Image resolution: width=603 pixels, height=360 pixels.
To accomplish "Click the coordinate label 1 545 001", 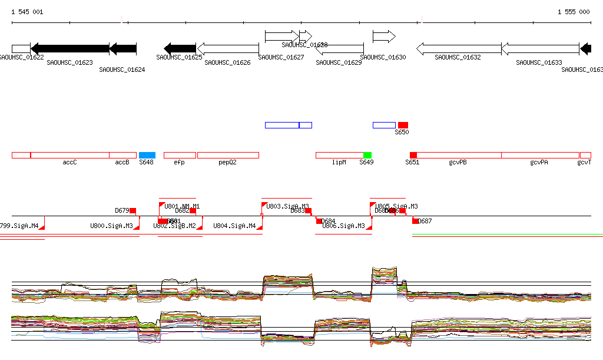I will [x=27, y=12].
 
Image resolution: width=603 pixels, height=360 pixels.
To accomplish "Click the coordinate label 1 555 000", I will [x=574, y=12].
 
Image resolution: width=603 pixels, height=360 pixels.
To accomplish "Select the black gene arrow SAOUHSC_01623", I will [x=70, y=49].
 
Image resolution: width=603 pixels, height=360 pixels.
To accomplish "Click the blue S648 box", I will [x=147, y=155].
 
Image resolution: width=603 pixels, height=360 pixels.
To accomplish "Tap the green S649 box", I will [x=367, y=155].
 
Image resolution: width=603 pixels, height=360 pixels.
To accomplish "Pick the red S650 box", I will [x=403, y=125].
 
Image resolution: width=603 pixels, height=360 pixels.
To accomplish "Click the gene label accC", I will [x=70, y=162].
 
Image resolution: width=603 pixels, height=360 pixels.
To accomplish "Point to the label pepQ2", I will [x=227, y=162].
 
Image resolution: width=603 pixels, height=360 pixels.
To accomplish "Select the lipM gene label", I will [x=339, y=162].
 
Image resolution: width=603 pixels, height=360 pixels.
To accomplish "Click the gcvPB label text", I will [x=458, y=162].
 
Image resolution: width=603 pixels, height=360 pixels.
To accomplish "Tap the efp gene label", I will [x=179, y=162].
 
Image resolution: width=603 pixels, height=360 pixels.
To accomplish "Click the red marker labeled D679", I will [x=133, y=210].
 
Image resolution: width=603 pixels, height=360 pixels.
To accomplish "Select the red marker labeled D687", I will [x=415, y=221].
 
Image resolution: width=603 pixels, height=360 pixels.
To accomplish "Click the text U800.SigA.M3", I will [x=111, y=226].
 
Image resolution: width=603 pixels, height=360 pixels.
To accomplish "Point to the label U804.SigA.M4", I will [x=234, y=226].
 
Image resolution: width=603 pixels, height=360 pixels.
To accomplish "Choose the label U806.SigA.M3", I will [x=343, y=226].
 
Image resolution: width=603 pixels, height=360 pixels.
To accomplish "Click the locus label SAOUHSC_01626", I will [x=227, y=62].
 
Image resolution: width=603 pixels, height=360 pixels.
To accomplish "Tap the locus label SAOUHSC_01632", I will [x=458, y=58].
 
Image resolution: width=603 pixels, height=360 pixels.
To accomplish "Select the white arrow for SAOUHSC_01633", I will [x=540, y=49].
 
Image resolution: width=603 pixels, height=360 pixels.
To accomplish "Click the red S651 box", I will [x=413, y=155].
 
